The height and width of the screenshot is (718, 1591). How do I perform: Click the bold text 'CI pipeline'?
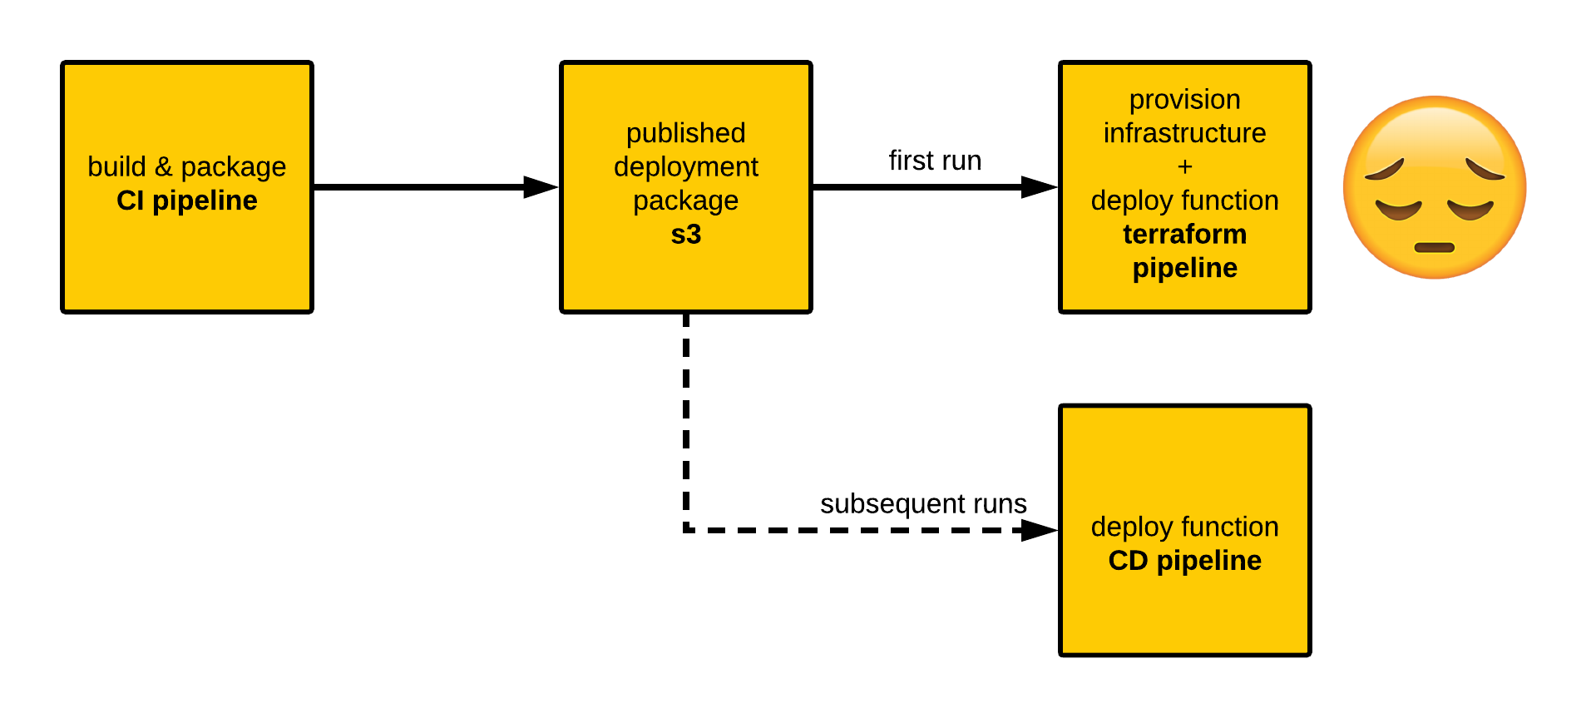[x=186, y=201]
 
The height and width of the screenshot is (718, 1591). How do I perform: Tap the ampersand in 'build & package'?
[x=163, y=167]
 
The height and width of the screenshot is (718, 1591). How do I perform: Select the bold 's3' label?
[x=685, y=235]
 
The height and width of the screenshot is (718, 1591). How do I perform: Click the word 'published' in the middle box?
[x=685, y=133]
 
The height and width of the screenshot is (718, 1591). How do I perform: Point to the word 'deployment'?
[x=685, y=167]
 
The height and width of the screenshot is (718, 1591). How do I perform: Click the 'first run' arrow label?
[x=935, y=161]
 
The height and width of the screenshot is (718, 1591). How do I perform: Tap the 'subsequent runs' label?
[x=923, y=504]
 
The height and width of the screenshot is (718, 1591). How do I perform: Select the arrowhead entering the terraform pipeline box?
[x=1040, y=187]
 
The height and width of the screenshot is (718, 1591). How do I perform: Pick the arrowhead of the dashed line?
[x=1040, y=530]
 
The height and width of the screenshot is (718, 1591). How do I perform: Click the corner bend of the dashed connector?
[x=686, y=529]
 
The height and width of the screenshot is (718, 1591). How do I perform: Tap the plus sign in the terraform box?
[x=1184, y=167]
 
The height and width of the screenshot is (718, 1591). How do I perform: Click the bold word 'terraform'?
[x=1184, y=235]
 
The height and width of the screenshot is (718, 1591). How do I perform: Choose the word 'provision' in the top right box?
[x=1184, y=100]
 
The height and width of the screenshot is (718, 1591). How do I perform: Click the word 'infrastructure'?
[x=1184, y=133]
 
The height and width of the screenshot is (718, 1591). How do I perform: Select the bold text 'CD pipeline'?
[x=1184, y=561]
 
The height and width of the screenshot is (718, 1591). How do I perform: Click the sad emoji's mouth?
[x=1435, y=247]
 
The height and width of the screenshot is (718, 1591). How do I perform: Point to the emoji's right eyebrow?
[x=1485, y=170]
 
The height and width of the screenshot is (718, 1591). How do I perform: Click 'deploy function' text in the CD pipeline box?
[x=1184, y=527]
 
